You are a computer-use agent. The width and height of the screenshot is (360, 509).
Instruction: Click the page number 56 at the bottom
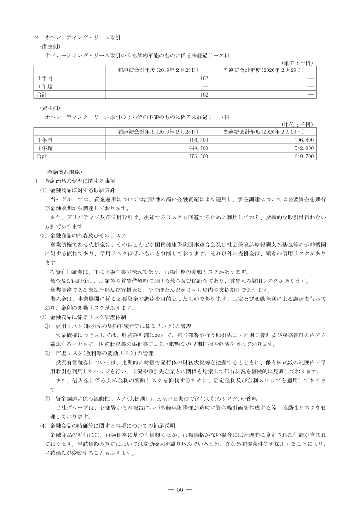[x=180, y=489]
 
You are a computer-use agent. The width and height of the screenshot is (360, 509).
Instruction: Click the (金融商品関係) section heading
[x=63, y=172]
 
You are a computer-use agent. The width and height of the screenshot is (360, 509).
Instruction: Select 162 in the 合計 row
[x=204, y=94]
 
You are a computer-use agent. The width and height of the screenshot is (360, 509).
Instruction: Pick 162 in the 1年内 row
[x=204, y=78]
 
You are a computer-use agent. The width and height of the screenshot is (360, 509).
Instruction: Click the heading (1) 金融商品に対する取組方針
[x=79, y=190]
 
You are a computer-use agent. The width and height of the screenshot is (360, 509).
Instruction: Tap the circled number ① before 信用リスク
[x=47, y=326]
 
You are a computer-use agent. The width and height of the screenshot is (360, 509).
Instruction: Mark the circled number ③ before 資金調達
[x=47, y=398]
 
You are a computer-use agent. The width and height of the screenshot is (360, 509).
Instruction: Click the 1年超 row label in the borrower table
[x=44, y=86]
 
